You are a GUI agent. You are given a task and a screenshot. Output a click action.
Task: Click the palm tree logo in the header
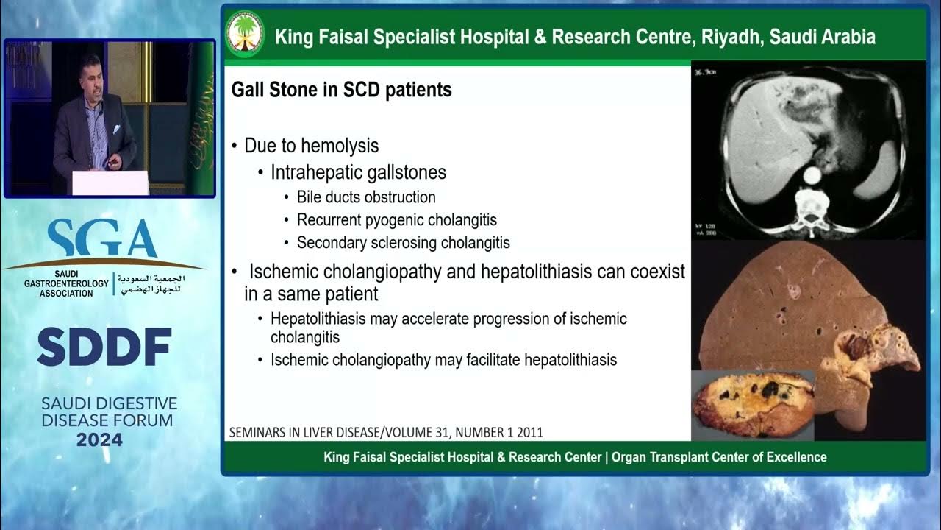click(x=245, y=34)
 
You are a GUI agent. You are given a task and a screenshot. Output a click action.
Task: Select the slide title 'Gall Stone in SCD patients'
click(x=341, y=91)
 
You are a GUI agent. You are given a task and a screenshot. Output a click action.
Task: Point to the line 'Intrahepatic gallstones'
click(x=358, y=172)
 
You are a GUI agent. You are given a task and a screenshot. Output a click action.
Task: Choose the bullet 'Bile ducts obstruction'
click(x=366, y=197)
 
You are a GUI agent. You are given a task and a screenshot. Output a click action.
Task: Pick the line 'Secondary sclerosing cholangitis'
click(x=403, y=242)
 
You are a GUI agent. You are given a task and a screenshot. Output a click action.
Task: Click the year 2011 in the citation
click(x=527, y=432)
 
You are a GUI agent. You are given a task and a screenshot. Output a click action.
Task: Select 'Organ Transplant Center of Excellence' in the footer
click(x=720, y=457)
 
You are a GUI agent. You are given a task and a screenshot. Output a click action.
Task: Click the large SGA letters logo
click(x=102, y=239)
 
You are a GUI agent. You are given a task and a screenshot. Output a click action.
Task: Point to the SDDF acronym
click(x=104, y=347)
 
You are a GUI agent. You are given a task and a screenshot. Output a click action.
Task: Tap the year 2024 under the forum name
click(x=99, y=440)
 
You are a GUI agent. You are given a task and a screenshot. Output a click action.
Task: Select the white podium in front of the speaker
click(x=110, y=183)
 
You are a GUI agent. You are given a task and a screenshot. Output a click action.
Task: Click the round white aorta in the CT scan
click(x=812, y=175)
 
